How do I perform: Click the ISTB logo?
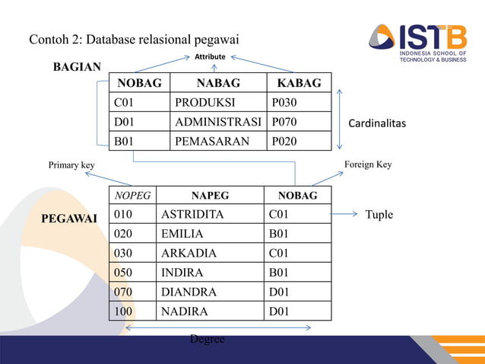click(x=417, y=42)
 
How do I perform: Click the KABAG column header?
click(x=299, y=83)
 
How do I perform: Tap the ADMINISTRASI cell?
click(x=217, y=122)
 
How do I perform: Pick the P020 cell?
click(x=284, y=141)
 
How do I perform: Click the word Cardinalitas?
click(x=377, y=123)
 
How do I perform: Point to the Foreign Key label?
click(x=368, y=164)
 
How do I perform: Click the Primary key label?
click(x=72, y=164)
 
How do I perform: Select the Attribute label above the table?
click(x=210, y=57)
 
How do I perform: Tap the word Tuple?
click(x=379, y=215)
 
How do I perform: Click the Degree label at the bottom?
click(x=208, y=339)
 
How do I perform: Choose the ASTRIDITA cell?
click(x=192, y=215)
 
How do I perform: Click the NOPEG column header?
click(x=132, y=196)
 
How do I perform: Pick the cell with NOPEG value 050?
click(x=123, y=273)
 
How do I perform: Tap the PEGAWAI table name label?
click(x=69, y=219)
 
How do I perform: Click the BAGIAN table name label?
click(x=77, y=67)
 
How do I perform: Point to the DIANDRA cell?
click(x=189, y=292)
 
